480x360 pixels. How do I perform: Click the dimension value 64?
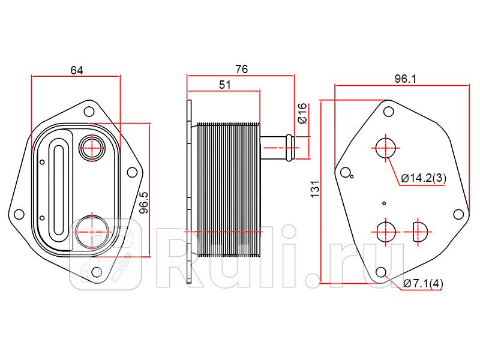[77, 70]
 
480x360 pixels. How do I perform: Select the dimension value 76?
[242, 70]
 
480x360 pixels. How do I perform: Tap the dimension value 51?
[225, 85]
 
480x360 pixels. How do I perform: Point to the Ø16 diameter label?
[302, 113]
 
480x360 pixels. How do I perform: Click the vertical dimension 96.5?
[144, 203]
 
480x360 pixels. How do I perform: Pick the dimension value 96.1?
[406, 79]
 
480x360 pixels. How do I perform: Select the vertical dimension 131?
[315, 189]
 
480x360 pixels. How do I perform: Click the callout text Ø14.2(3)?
[424, 178]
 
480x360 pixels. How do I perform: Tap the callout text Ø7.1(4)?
[423, 284]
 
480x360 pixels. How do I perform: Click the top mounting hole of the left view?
[89, 112]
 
